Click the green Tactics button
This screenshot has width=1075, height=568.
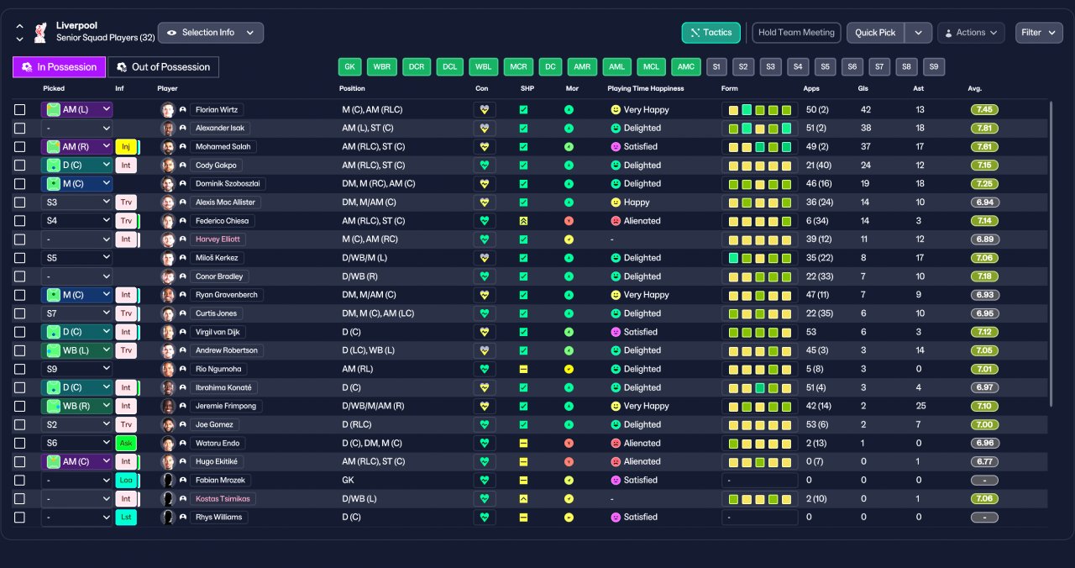click(x=711, y=33)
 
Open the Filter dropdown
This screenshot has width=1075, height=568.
click(x=1039, y=33)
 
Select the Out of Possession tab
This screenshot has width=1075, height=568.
click(x=163, y=67)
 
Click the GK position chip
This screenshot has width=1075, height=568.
click(x=350, y=66)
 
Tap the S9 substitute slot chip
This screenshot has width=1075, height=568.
click(x=933, y=66)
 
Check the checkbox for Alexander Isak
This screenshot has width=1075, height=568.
click(x=19, y=129)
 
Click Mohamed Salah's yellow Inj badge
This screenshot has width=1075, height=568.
click(x=126, y=146)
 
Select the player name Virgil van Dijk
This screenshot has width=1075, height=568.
click(x=218, y=332)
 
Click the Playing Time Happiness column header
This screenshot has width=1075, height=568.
click(x=646, y=88)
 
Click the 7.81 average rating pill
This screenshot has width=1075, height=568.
click(x=984, y=129)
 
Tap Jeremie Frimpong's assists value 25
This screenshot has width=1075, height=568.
click(x=920, y=406)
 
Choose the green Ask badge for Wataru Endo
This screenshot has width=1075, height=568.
click(x=126, y=443)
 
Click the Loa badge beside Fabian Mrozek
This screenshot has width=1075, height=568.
click(x=126, y=480)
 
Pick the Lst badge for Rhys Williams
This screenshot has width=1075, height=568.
click(x=126, y=517)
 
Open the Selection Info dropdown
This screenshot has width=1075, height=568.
click(x=210, y=33)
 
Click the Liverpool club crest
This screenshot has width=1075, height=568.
click(x=41, y=33)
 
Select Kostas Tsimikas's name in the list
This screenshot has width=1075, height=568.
click(x=223, y=499)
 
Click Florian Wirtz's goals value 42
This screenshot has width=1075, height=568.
click(x=866, y=109)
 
